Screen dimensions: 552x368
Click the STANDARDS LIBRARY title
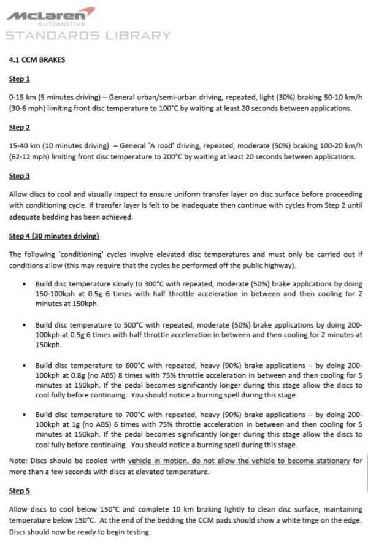click(88, 35)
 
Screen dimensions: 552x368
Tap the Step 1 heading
click(20, 79)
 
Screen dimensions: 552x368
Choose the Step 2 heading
click(20, 128)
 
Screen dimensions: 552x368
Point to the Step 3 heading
click(20, 176)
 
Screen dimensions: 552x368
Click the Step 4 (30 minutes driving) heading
click(54, 236)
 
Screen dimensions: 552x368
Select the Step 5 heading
click(20, 491)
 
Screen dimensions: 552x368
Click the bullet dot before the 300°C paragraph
click(23, 285)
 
